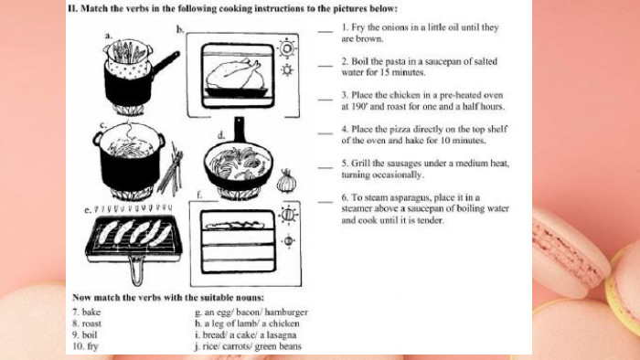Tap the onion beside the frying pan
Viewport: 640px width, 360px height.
point(286,181)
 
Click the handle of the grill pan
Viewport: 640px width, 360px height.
point(137,270)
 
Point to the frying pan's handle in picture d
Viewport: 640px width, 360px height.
point(240,130)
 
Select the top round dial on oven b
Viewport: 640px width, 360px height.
point(287,49)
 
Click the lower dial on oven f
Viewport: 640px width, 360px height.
point(288,241)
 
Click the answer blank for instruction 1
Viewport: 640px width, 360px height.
point(325,31)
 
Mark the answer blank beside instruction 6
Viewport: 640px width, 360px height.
point(325,201)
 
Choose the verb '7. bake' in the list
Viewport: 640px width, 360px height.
point(87,312)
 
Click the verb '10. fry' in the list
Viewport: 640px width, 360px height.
point(85,346)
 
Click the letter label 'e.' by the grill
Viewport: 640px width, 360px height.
point(88,211)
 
